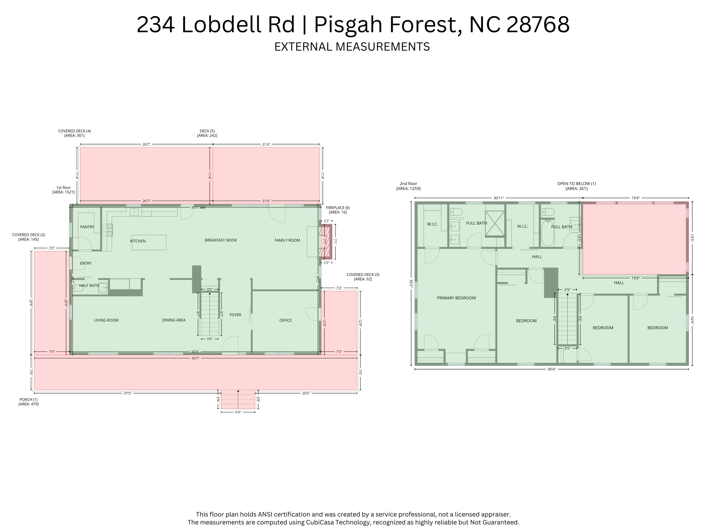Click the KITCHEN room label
pyautogui.click(x=138, y=241)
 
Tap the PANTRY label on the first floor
pyautogui.click(x=87, y=227)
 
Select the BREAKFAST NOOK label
pyautogui.click(x=221, y=240)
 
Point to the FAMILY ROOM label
pyautogui.click(x=287, y=240)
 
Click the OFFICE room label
pyautogui.click(x=285, y=320)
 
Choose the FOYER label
pyautogui.click(x=235, y=315)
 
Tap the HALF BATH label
pyautogui.click(x=89, y=285)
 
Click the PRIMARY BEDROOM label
pyautogui.click(x=456, y=298)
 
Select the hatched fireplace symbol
pyautogui.click(x=326, y=242)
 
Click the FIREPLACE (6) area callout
pyautogui.click(x=338, y=210)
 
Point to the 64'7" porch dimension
pyautogui.click(x=195, y=358)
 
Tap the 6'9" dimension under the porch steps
pyautogui.click(x=238, y=412)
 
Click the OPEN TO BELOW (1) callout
pyautogui.click(x=576, y=186)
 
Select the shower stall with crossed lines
pyautogui.click(x=495, y=224)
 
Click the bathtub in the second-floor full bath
pyautogui.click(x=548, y=233)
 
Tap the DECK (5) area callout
pyautogui.click(x=207, y=133)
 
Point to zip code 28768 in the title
pyautogui.click(x=537, y=25)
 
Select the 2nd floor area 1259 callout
pyautogui.click(x=408, y=186)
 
